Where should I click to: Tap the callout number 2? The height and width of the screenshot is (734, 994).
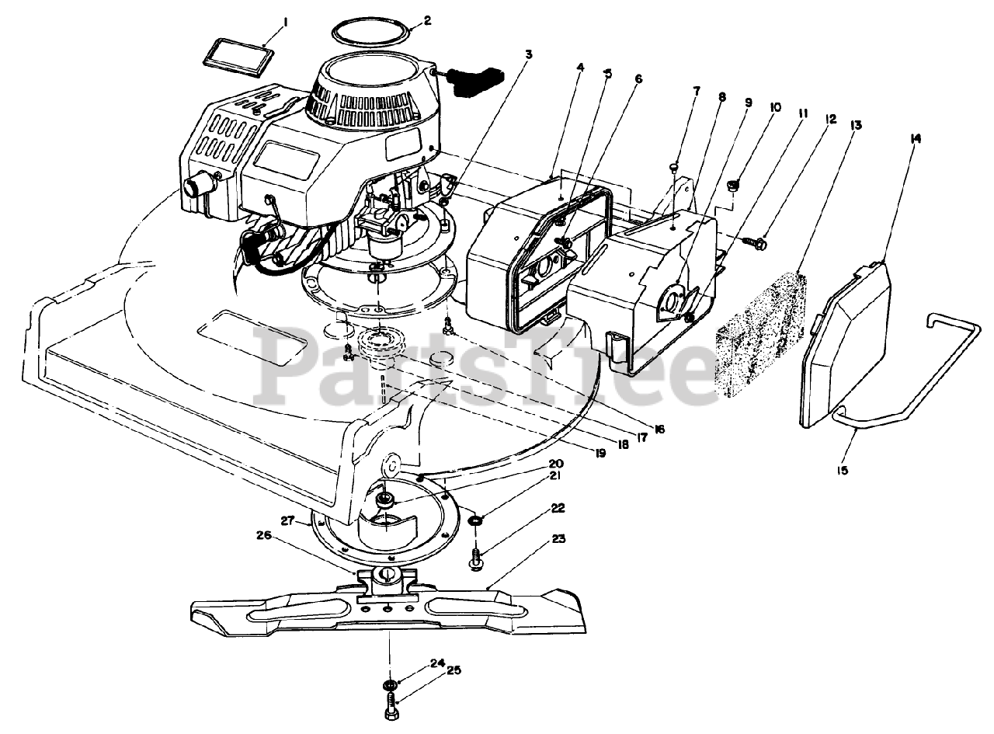[427, 21]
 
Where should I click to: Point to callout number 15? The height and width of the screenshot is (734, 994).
[842, 471]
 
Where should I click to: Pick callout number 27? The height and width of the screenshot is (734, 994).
[287, 521]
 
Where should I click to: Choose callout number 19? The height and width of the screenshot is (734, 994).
[600, 454]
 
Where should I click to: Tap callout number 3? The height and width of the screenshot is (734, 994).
[529, 54]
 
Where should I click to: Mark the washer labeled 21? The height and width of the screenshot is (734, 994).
[474, 520]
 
